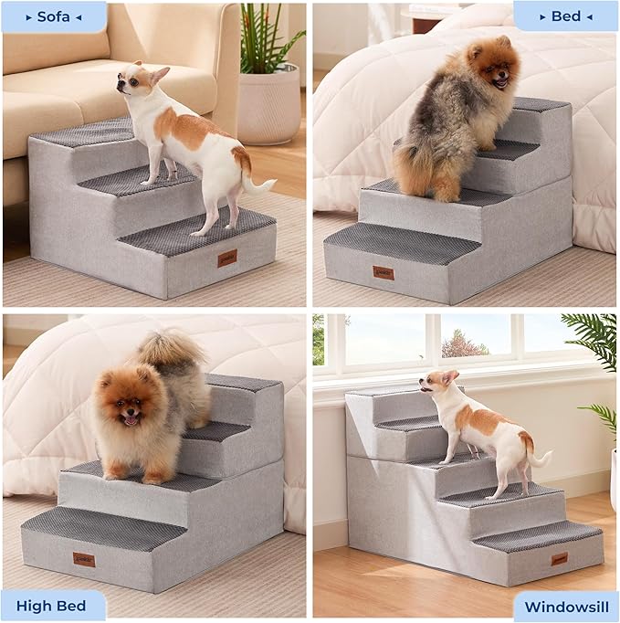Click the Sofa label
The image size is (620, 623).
54,16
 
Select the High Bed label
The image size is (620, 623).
53,605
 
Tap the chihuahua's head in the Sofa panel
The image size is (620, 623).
137,80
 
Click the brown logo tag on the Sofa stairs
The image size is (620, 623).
227,259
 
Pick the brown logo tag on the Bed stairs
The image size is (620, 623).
384,272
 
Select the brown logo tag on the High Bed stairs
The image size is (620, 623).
84,558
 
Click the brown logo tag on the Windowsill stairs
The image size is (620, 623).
559,558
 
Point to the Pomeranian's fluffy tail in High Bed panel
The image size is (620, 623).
171,351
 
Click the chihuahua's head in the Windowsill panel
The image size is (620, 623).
437,384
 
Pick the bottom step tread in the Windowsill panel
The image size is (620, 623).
539,533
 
